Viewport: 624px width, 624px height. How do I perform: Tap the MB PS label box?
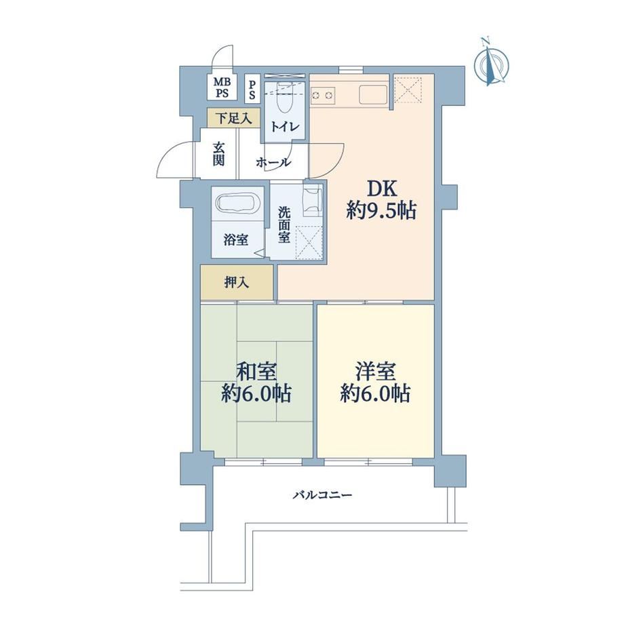tap(222, 87)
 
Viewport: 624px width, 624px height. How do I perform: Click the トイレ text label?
tap(284, 127)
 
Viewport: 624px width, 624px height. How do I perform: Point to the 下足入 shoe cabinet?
tap(234, 118)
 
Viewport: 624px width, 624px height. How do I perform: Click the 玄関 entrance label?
tap(218, 154)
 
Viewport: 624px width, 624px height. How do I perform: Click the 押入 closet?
tap(237, 283)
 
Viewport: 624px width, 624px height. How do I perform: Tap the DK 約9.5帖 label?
tap(381, 200)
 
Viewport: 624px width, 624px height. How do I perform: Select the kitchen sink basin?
tap(373, 96)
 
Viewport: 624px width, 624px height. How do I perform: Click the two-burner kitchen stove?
tap(323, 96)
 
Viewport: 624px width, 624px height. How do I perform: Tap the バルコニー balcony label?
tap(323, 495)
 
